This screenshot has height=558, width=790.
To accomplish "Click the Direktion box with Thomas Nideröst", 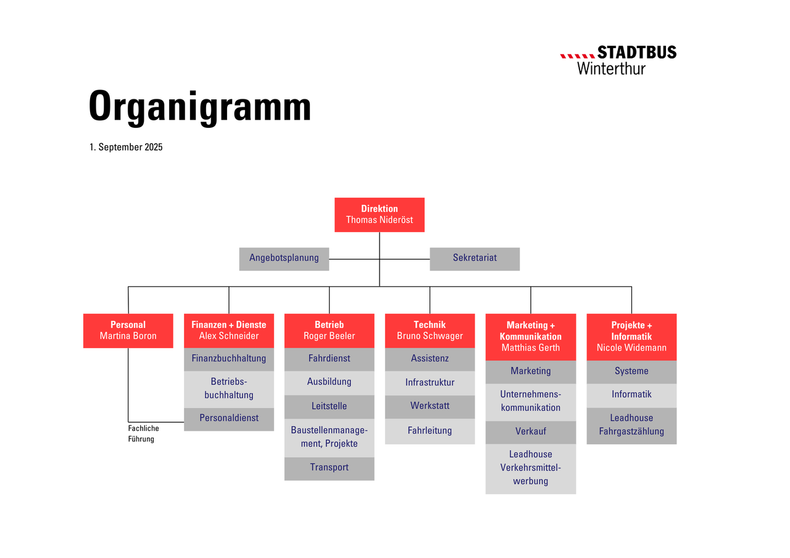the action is tap(379, 214).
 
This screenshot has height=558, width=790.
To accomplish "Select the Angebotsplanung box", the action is tap(284, 259).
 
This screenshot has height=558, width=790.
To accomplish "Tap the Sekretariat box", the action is tap(475, 259).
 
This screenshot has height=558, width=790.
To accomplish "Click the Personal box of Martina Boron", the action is tap(128, 330).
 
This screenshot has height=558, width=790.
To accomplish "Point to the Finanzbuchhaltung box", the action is tap(228, 359).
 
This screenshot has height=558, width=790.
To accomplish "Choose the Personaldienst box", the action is tap(228, 419).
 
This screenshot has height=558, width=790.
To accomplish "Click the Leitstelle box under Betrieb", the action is tap(329, 407).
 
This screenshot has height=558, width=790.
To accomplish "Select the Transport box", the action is tap(329, 468).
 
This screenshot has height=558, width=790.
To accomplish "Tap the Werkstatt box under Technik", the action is tap(430, 407).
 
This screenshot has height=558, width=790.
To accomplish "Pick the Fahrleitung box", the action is tap(430, 431).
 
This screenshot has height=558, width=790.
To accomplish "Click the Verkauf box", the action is tap(530, 432).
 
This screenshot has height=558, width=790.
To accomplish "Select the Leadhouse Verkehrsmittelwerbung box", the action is tap(530, 468).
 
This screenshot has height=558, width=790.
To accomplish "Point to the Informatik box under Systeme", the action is tap(631, 396).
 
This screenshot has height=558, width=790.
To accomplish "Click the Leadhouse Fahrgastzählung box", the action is tap(631, 426).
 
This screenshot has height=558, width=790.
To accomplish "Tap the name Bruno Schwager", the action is tap(430, 336).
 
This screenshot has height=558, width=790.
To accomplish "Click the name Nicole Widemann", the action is tap(631, 348).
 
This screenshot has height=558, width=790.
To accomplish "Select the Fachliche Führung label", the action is tap(143, 433).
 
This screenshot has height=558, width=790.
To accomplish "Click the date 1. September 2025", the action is tap(126, 147).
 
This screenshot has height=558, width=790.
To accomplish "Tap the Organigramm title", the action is tap(199, 107).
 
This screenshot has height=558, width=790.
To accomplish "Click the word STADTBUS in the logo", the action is tap(636, 52).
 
